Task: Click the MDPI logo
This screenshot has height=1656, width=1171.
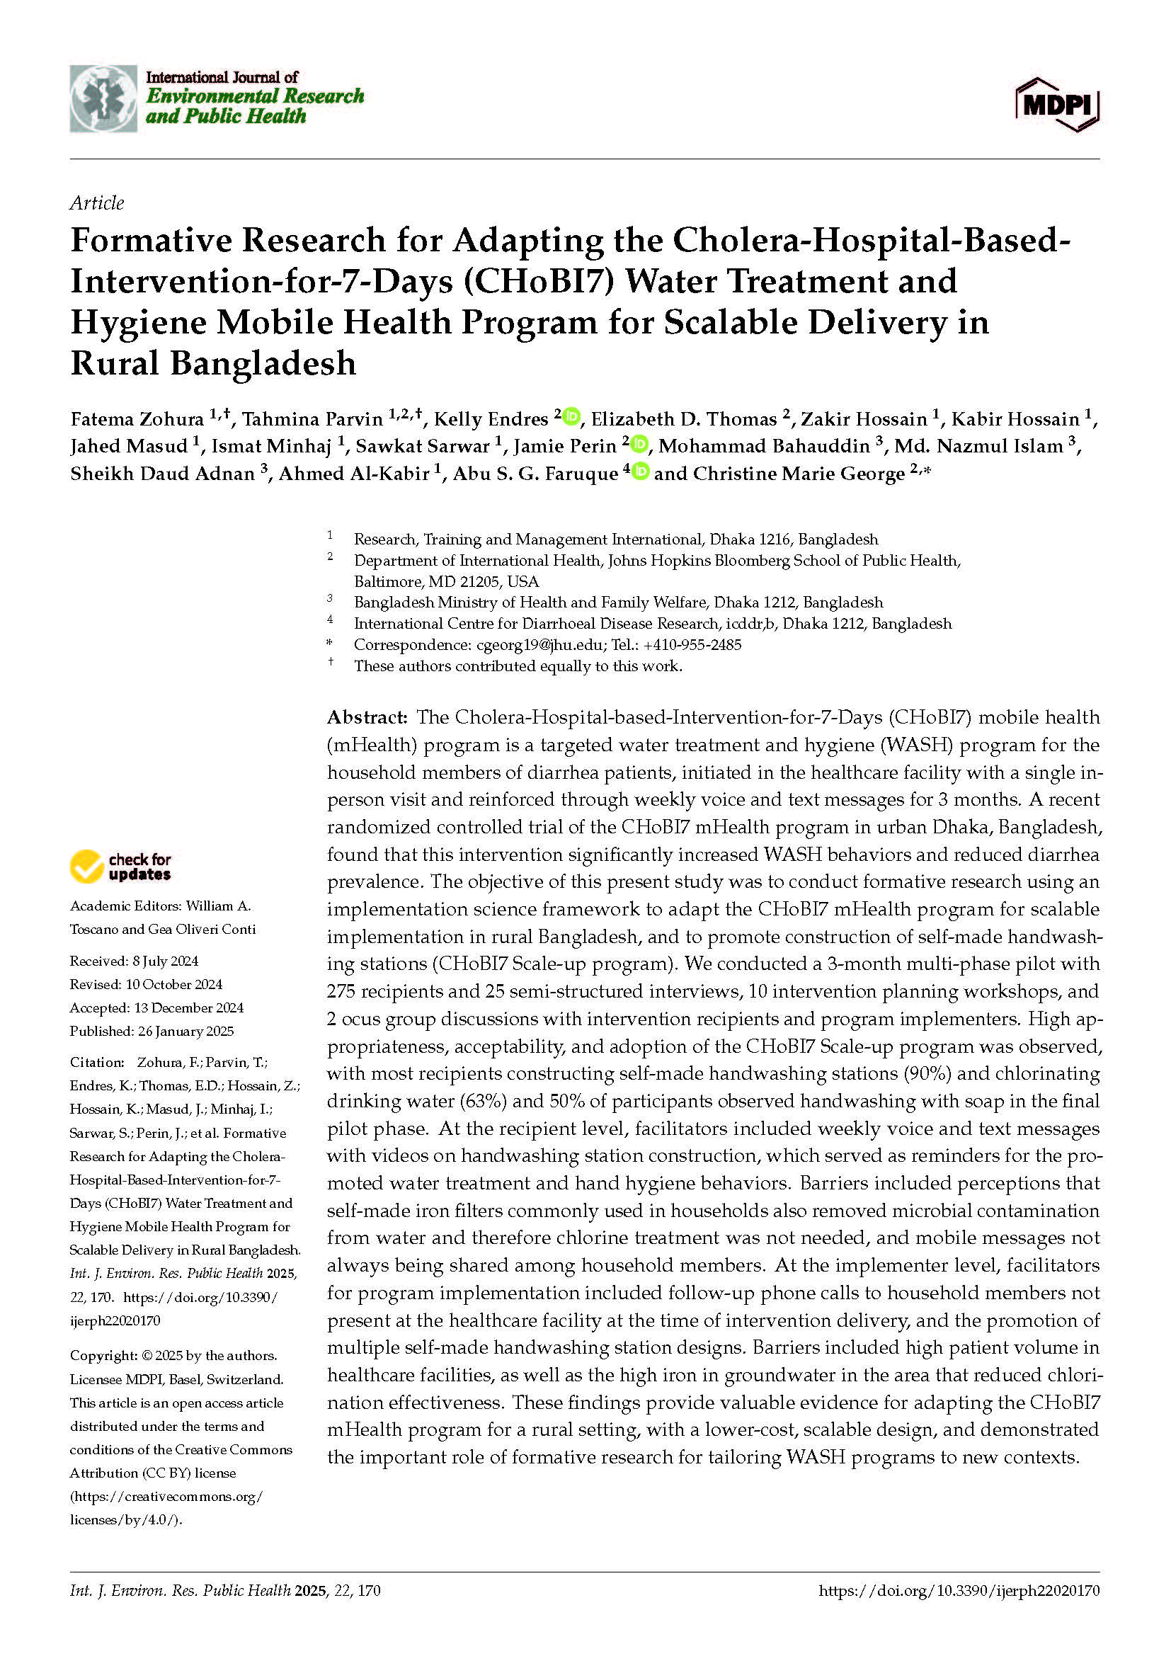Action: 1057,105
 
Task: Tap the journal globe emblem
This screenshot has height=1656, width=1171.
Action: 103,99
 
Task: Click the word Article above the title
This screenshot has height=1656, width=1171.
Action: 96,202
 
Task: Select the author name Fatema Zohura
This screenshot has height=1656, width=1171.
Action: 137,419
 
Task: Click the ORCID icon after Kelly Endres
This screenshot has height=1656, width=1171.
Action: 572,416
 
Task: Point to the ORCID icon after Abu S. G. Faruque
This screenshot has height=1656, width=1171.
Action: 640,472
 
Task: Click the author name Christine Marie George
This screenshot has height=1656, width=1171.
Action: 798,474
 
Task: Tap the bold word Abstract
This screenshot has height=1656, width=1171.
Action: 367,717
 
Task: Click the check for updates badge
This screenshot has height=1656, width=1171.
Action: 120,866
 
